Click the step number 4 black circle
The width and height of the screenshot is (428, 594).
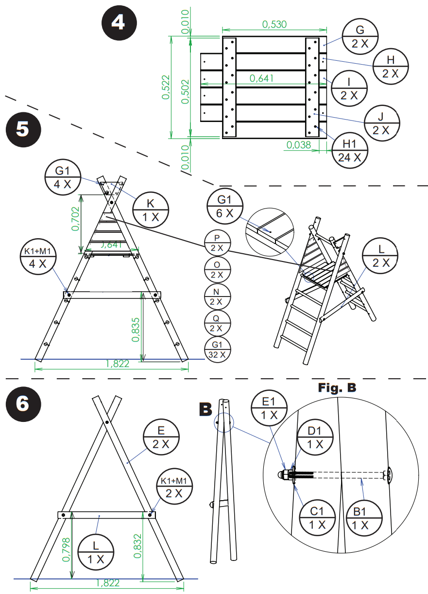119,22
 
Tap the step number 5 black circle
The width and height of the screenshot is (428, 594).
23,130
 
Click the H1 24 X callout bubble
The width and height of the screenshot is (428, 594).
349,150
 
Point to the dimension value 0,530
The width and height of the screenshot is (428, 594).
274,24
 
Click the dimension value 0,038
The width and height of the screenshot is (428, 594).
299,144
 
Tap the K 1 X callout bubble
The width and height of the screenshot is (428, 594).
151,210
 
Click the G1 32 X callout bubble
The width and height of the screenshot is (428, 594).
217,349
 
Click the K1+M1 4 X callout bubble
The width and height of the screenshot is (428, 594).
38,257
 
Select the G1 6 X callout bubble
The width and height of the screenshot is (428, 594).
224,206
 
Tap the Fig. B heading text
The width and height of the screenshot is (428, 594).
337,387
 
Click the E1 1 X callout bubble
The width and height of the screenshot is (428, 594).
269,408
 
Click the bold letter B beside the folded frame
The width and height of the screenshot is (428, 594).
206,409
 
